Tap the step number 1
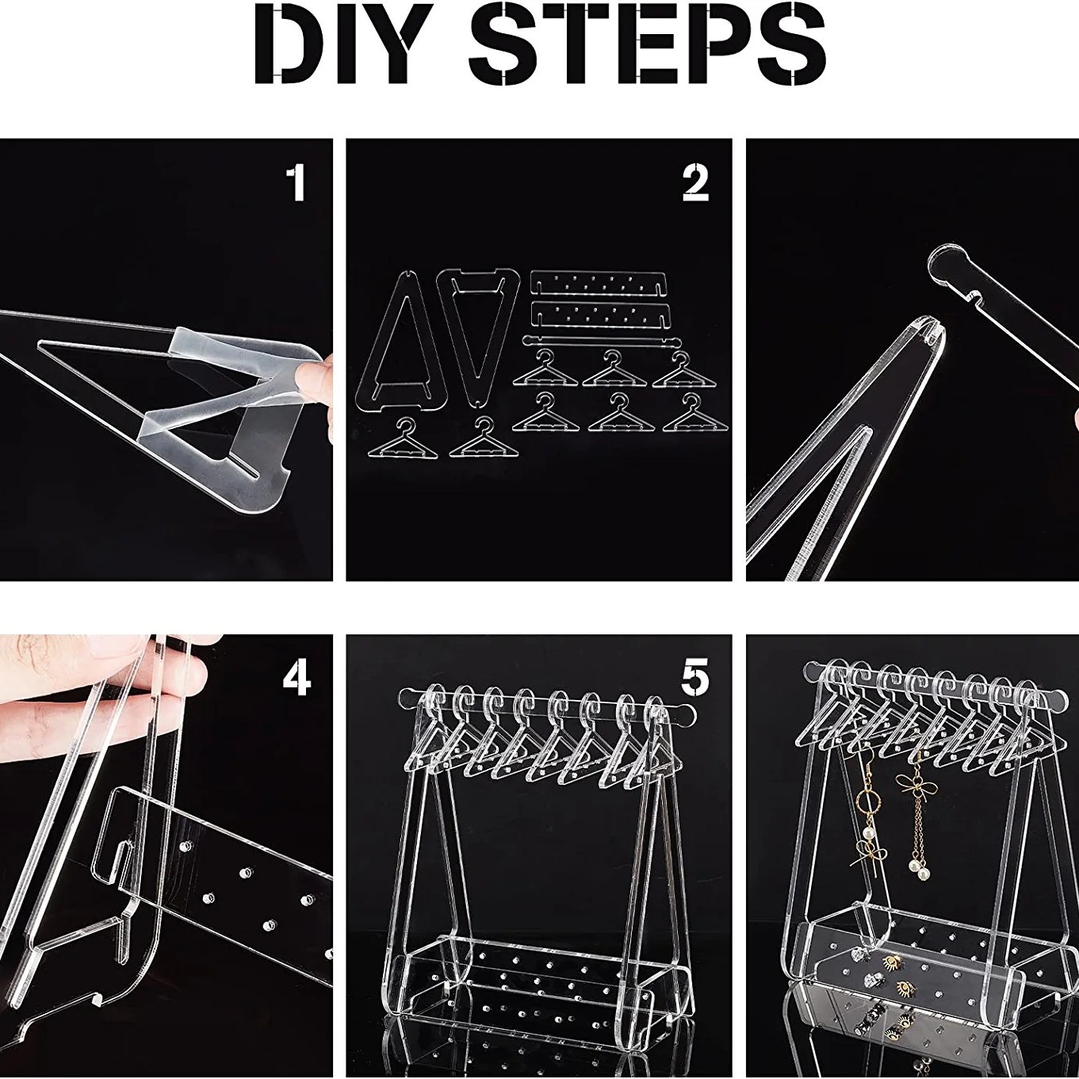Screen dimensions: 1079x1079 [295, 183]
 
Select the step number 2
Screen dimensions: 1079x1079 [695, 182]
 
